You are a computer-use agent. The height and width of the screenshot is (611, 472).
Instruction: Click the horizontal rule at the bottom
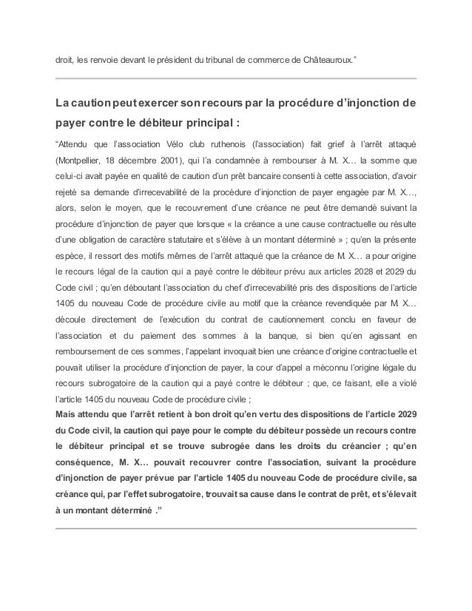point(236,529)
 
